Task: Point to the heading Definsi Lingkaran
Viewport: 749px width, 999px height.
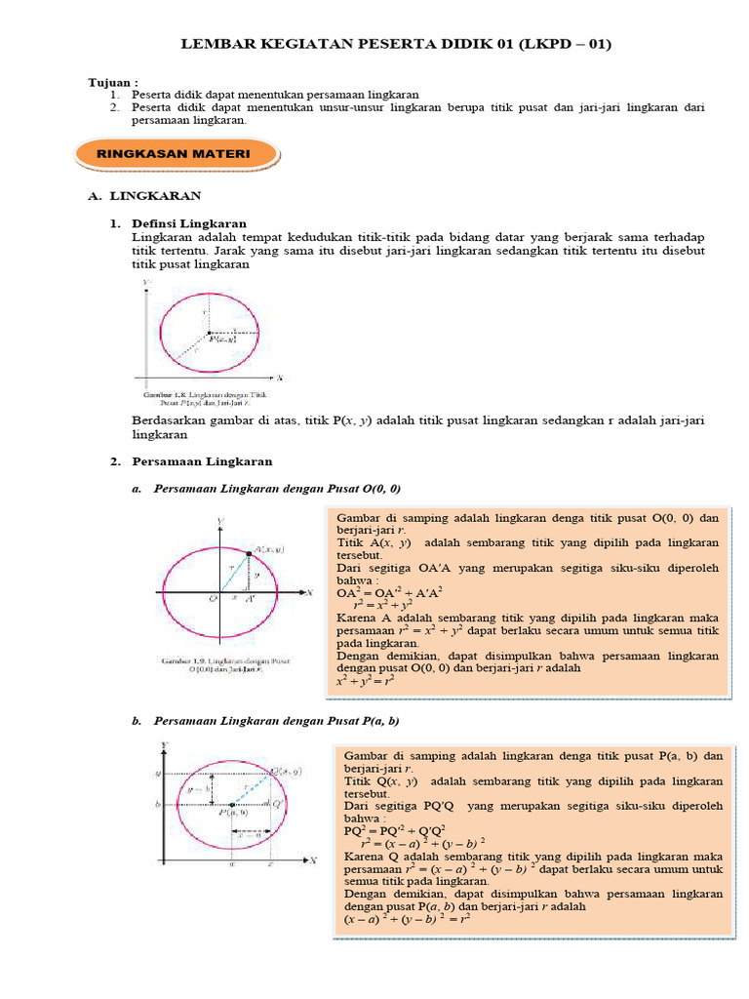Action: coord(189,223)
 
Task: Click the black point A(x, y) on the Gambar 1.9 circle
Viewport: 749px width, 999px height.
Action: coord(249,553)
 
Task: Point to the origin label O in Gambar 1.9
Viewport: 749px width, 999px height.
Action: coord(211,600)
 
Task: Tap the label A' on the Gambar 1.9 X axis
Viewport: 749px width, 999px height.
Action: coord(250,601)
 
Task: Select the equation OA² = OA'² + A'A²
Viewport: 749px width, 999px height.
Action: coord(389,592)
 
